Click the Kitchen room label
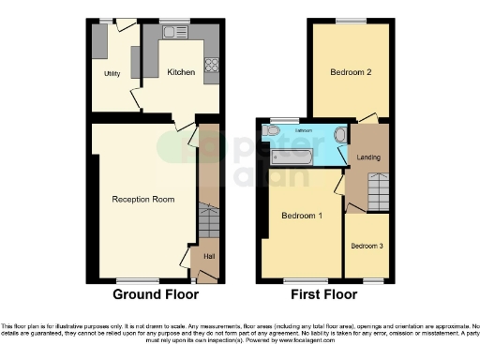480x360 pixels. [181, 71]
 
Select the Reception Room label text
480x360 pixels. [143, 199]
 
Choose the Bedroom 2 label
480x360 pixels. [351, 71]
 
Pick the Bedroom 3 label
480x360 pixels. [367, 246]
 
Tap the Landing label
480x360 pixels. [368, 157]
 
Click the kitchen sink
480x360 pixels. [174, 33]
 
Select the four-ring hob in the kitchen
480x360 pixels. [211, 65]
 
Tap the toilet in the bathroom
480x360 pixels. [272, 132]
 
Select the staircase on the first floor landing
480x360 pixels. [380, 194]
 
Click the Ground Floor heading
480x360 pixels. [156, 294]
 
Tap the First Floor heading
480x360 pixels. [324, 294]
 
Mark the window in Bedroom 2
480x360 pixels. [351, 20]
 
